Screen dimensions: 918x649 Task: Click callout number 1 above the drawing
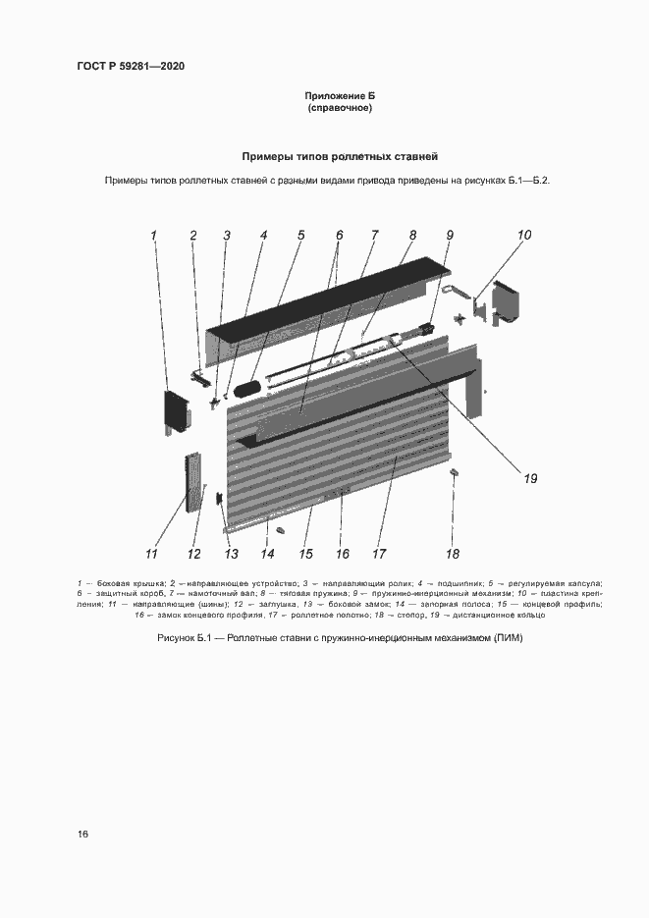click(x=154, y=235)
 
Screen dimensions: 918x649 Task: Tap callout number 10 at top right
click(x=524, y=235)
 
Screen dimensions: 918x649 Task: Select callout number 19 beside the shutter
click(x=530, y=479)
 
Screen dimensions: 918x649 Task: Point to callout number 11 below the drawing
click(x=153, y=553)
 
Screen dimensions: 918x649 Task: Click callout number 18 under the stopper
click(x=453, y=553)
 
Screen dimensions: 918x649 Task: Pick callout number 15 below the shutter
click(x=305, y=553)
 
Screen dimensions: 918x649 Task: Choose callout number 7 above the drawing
click(x=374, y=235)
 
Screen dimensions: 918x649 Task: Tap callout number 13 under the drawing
click(x=232, y=553)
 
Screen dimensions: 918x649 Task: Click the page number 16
click(x=83, y=835)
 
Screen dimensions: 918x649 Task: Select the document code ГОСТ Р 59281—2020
click(x=131, y=67)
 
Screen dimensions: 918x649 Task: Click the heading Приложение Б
click(x=340, y=95)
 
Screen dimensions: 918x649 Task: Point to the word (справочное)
click(x=340, y=108)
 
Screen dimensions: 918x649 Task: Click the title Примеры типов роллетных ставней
click(x=340, y=156)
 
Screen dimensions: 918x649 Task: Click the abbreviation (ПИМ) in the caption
click(x=506, y=639)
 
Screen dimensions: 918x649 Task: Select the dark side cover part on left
click(x=176, y=412)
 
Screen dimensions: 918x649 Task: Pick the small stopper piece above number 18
click(x=454, y=473)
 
